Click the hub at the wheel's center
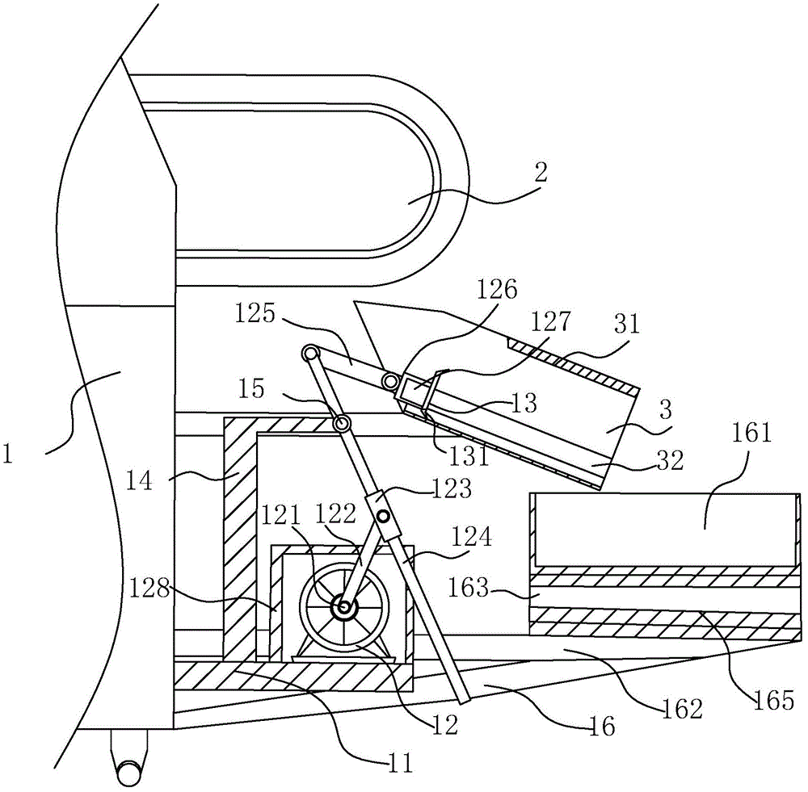(346, 608)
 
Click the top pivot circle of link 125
(309, 352)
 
